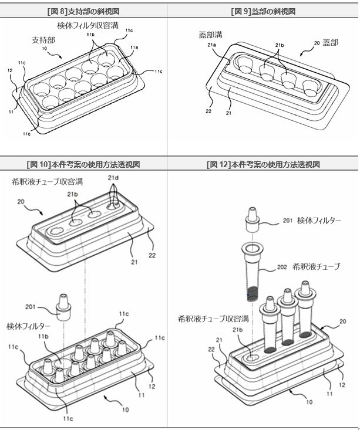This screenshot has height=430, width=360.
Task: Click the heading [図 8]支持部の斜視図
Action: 83,12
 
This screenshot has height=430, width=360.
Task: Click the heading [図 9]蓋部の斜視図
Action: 263,12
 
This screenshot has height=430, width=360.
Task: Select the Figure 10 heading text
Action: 83,164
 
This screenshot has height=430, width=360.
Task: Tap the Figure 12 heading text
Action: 263,164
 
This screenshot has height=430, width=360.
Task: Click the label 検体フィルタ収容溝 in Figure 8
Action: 88,25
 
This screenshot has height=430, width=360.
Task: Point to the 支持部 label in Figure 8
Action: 43,40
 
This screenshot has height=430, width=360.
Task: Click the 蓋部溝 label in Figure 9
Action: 211,35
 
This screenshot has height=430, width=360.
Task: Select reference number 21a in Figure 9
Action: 211,45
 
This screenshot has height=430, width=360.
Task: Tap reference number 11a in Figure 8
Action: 134,48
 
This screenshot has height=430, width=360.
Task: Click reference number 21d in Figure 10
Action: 113,178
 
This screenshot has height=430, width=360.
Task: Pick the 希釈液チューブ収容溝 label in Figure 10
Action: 47,181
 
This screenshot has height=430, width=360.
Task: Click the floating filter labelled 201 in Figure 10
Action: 63,307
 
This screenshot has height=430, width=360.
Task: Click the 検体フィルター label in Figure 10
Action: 28,326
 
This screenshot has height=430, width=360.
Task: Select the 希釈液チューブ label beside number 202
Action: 317,266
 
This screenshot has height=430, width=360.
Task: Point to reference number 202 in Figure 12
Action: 282,267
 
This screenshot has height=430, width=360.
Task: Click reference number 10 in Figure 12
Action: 309,402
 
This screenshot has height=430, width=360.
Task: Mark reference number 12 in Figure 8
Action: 10,70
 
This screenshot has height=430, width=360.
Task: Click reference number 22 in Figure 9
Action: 208,111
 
